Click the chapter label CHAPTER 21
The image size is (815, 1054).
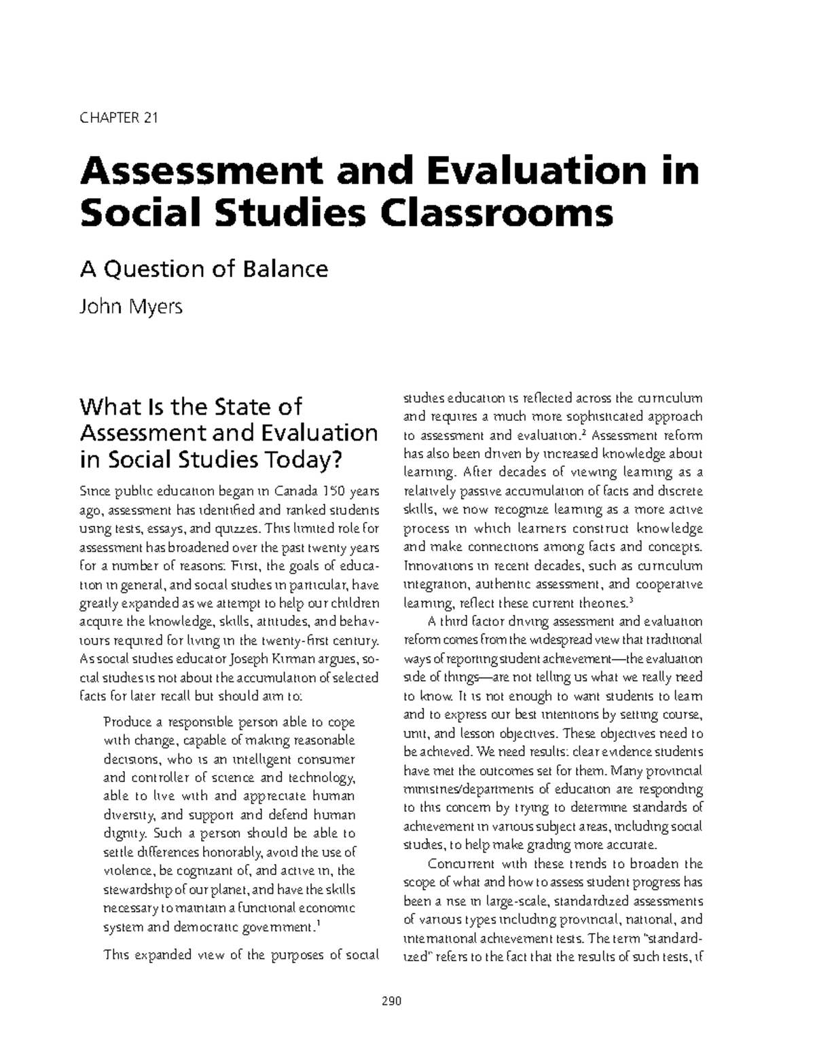tap(119, 118)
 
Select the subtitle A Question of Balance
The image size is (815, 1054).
tap(204, 269)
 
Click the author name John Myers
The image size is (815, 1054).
tap(131, 307)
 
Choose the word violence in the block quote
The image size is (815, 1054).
tap(126, 871)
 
